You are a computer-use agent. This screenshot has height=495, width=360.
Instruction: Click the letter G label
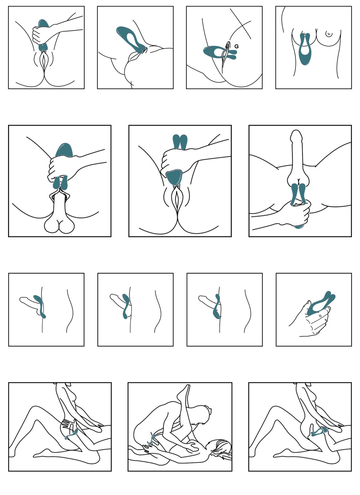(x=237, y=46)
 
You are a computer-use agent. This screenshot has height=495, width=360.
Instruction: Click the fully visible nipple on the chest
(x=329, y=34)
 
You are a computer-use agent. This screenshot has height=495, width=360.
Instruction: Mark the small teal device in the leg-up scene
(x=152, y=440)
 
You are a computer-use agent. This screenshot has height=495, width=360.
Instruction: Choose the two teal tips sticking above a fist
(x=180, y=142)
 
